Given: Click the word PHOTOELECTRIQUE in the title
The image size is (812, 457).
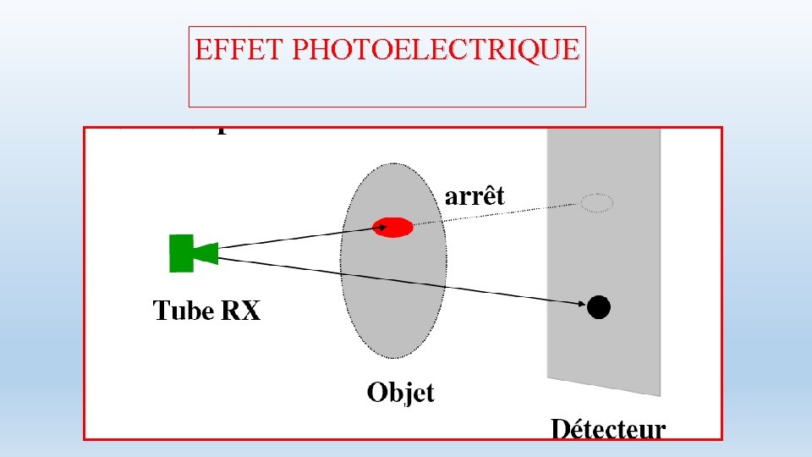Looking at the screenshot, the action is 436,49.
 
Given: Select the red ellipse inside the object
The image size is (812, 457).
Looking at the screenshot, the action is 393,227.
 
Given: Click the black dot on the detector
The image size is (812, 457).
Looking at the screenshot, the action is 599,306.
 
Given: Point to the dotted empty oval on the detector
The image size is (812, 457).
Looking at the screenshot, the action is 596,203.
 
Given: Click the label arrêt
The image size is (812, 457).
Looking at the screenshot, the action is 475,196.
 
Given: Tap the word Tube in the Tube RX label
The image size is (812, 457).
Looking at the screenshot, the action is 183,311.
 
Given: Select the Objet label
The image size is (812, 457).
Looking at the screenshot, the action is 400,393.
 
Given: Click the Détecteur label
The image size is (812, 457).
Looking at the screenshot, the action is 608,429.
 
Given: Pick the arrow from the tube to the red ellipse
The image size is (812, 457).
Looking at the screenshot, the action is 296,237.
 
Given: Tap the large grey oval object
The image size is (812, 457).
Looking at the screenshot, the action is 393,305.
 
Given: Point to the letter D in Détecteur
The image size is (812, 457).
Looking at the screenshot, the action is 560,429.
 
